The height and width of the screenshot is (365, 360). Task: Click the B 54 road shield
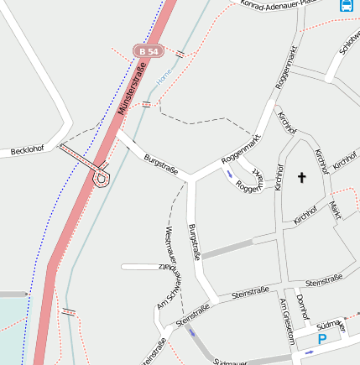pos(149,51)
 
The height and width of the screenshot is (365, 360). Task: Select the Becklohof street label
pos(27,151)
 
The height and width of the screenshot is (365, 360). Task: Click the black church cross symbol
pos(302,177)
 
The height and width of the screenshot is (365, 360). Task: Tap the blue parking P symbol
pos(322,340)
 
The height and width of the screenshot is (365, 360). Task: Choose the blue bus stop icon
pos(346,4)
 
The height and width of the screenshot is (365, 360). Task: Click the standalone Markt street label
pos(335,209)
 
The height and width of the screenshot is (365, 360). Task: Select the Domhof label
pos(303,311)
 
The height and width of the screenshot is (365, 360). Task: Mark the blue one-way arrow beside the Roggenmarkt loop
pos(230,175)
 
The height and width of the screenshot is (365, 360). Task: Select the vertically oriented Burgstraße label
pos(196,242)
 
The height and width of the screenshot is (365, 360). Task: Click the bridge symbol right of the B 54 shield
pos(180,54)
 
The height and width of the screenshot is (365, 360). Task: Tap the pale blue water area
pos(13,315)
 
